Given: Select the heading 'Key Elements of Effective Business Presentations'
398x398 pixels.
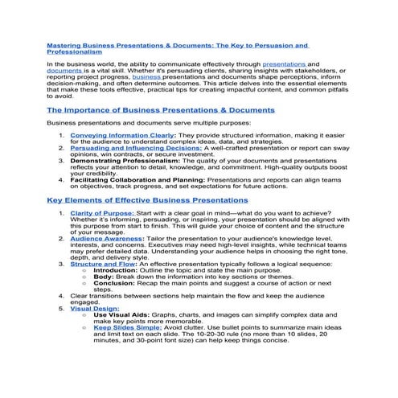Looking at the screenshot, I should [x=147, y=199].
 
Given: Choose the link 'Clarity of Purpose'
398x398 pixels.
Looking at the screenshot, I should [x=101, y=213].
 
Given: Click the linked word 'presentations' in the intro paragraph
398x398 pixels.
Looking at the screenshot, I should [x=284, y=63].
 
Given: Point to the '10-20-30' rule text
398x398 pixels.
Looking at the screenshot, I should [x=207, y=333].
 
